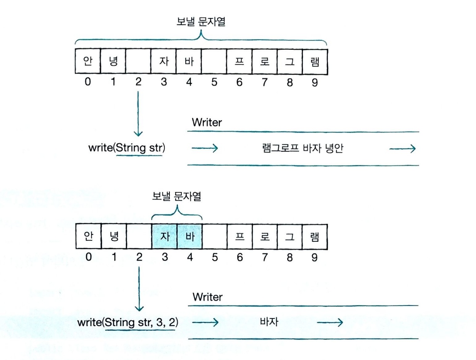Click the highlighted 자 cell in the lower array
click(165, 237)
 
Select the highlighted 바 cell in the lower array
click(190, 237)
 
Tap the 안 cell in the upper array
click(88, 61)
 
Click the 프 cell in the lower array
click(240, 237)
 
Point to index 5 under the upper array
click(214, 82)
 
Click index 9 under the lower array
click(314, 257)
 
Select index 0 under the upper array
click(88, 82)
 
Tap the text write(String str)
click(127, 148)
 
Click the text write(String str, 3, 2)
click(128, 322)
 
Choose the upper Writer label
click(207, 122)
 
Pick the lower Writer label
click(208, 297)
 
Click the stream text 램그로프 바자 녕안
click(302, 148)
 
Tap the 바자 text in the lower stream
click(269, 322)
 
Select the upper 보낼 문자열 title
click(201, 21)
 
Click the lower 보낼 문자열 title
click(176, 196)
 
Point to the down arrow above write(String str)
click(138, 113)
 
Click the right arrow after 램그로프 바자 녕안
click(402, 149)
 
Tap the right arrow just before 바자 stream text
click(205, 322)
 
